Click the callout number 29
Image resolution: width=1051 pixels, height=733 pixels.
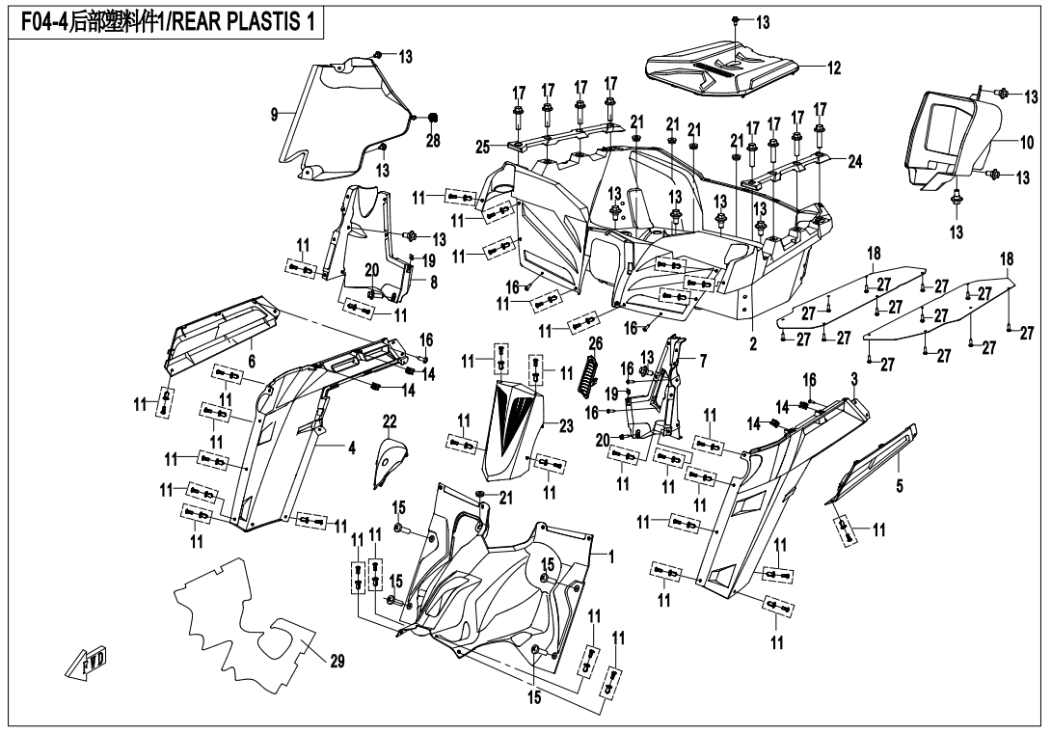click(x=337, y=661)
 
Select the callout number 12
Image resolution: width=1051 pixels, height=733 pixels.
click(x=833, y=68)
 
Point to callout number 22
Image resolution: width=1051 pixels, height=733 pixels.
click(x=390, y=421)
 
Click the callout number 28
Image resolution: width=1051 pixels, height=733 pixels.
click(x=432, y=141)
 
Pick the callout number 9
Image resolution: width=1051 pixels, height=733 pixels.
click(x=276, y=113)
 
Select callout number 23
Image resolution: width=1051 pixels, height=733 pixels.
click(x=565, y=423)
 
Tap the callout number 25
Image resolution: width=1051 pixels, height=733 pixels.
click(x=483, y=147)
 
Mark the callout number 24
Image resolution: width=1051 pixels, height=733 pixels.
click(x=854, y=161)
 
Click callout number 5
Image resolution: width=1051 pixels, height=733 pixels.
click(x=899, y=486)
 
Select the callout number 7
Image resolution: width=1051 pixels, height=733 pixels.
click(x=703, y=361)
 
